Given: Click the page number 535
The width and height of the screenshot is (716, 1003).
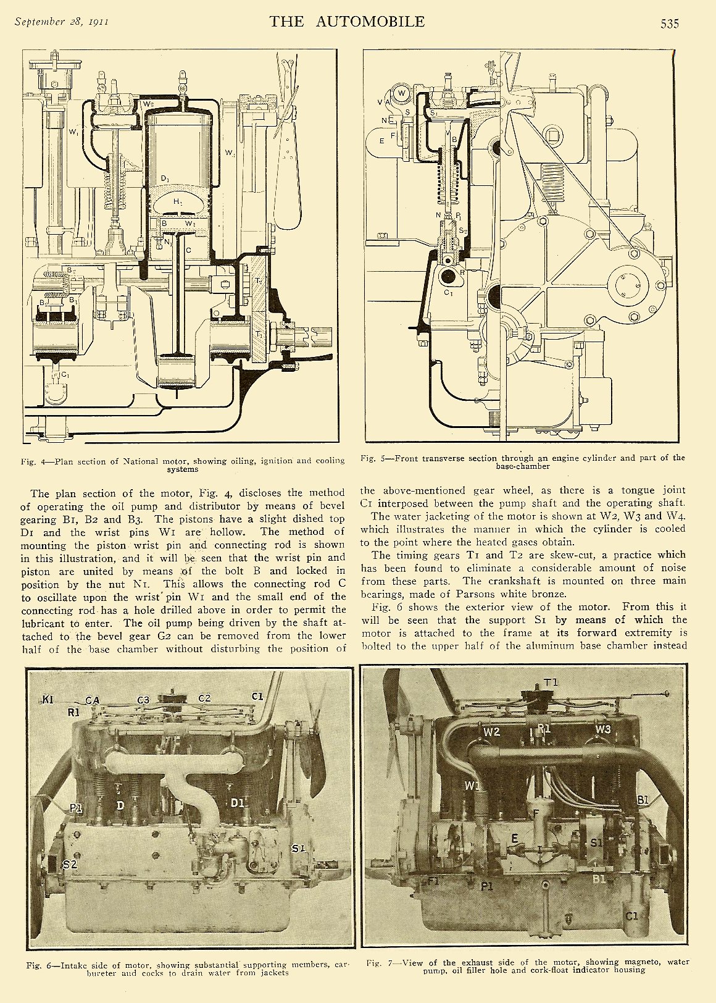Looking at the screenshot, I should pos(669,23).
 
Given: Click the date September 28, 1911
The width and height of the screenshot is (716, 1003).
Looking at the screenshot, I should pos(62,22).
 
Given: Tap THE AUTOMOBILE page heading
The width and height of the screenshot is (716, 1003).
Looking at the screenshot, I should pos(347,22).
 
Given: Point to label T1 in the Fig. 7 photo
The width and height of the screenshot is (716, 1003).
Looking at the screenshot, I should pos(551,682).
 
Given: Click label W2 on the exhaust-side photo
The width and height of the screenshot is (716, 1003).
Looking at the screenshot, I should pos(491,731).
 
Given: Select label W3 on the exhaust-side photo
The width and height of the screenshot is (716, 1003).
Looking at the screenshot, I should pos(603,729).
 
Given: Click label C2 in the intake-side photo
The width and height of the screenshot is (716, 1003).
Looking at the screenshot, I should pos(204,698).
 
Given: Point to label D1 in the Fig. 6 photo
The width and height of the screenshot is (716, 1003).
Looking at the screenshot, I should pos(238,803).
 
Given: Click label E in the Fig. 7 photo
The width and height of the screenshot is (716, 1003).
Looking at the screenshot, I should pos(514,838).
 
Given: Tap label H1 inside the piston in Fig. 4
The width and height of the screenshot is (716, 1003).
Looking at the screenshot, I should pos(178,201).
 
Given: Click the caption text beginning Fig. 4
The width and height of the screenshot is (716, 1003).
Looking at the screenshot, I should pos(183,464).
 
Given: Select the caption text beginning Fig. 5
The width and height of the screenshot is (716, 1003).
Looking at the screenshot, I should pos(522,461).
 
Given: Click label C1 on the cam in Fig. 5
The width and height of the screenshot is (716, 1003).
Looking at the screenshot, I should pos(448,293).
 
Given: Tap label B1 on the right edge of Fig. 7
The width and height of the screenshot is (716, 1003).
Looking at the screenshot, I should pos(643,800).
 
